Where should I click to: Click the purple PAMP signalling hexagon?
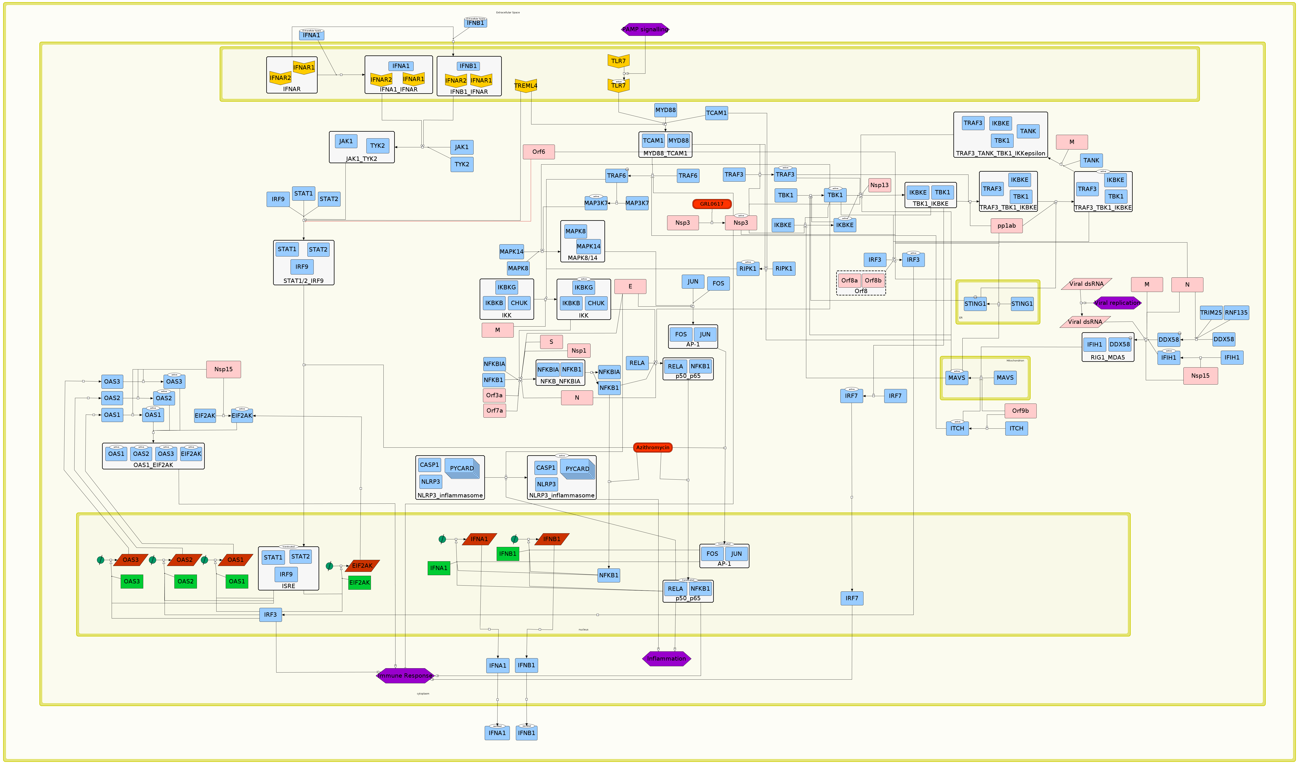[x=645, y=29]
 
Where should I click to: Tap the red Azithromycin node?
[x=653, y=447]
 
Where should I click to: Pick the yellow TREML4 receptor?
[x=526, y=86]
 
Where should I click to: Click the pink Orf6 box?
[x=539, y=152]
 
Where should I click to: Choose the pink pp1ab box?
[x=1006, y=225]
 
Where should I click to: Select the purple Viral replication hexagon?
[x=1117, y=303]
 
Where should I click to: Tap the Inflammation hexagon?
[x=667, y=659]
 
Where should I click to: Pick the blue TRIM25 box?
[x=1211, y=312]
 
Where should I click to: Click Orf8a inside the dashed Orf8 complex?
[x=849, y=281]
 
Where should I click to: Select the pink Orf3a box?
[x=494, y=395]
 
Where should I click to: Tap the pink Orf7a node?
[x=494, y=411]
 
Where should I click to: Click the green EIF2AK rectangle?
[x=360, y=582]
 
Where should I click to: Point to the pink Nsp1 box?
[x=579, y=351]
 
